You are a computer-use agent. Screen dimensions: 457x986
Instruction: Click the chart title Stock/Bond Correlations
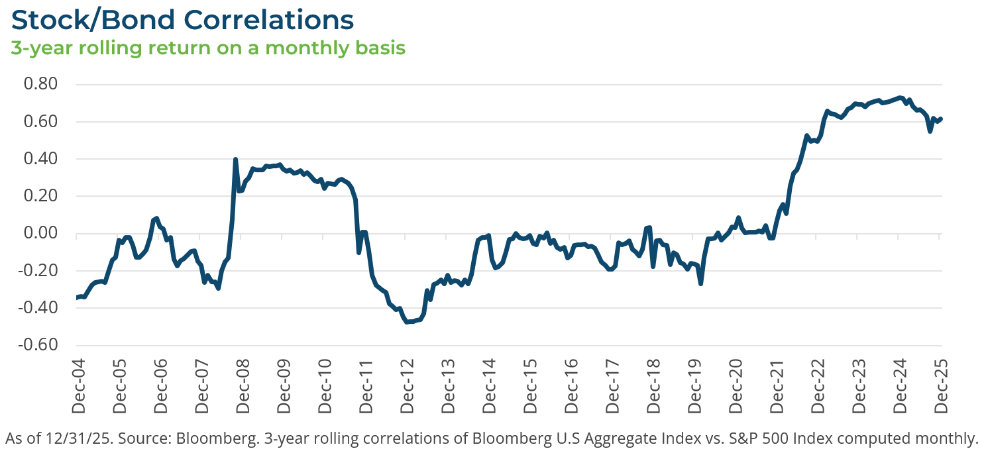tap(182, 20)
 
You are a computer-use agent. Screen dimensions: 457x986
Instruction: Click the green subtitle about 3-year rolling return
tap(209, 48)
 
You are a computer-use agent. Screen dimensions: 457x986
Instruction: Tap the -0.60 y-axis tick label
tap(42, 345)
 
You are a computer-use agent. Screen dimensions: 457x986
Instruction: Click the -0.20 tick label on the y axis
tap(42, 271)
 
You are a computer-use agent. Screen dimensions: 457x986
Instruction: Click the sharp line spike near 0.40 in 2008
tap(236, 160)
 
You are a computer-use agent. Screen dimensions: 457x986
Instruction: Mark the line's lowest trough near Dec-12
tap(407, 321)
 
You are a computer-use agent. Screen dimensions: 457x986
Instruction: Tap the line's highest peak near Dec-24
tap(900, 97)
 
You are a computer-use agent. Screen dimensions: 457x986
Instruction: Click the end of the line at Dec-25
tap(941, 119)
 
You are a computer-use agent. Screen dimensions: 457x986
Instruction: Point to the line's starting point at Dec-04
tap(77, 298)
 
